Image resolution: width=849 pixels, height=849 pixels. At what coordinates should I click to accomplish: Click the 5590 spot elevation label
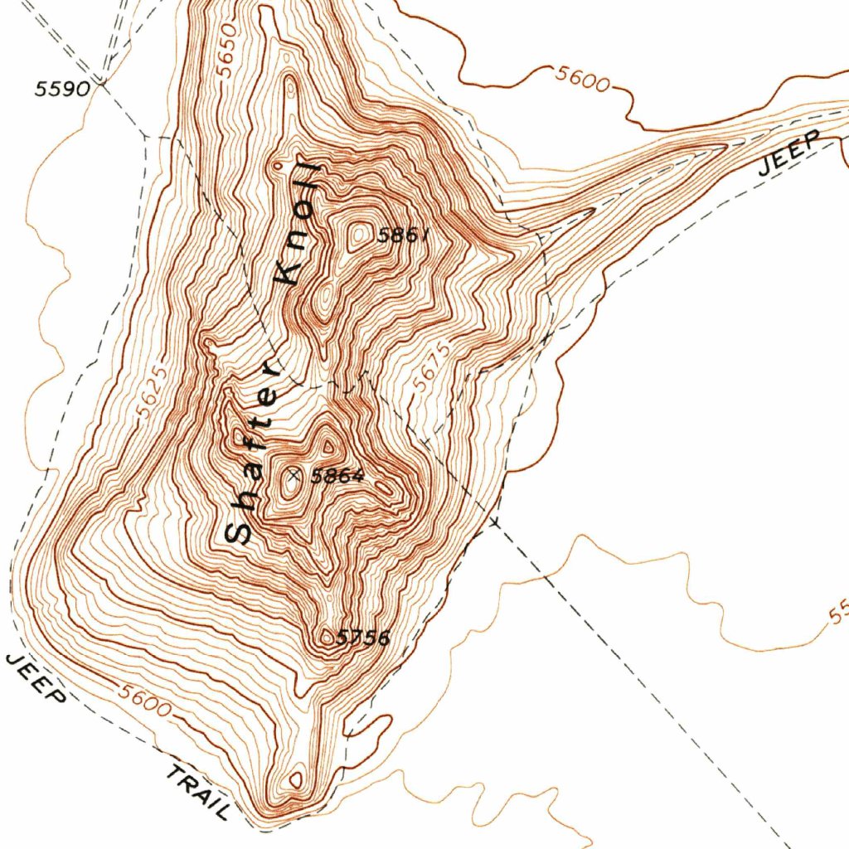click(61, 89)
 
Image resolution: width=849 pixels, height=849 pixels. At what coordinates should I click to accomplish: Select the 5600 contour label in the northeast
click(582, 80)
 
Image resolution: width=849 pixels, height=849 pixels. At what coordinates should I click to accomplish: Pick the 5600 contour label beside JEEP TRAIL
click(144, 702)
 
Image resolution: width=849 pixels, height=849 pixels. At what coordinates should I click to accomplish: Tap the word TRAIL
click(197, 793)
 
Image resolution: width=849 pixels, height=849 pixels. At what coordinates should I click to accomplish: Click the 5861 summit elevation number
click(404, 235)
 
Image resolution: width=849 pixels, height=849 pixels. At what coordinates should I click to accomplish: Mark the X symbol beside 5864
click(293, 475)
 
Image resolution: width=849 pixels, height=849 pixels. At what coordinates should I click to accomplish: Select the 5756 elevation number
click(362, 638)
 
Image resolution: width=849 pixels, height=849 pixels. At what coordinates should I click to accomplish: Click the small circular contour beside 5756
click(327, 638)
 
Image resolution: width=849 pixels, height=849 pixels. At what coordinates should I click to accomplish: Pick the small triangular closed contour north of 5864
click(329, 446)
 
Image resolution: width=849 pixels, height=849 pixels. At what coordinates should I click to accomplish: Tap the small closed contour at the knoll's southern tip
click(296, 780)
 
